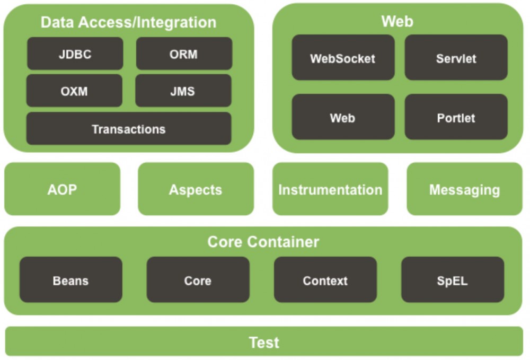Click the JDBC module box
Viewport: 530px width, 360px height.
[75, 54]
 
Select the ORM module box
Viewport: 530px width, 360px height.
[184, 54]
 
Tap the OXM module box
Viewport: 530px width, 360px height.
[74, 91]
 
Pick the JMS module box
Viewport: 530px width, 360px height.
[183, 91]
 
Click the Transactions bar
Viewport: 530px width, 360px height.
[129, 129]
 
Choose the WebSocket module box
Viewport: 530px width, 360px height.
[343, 58]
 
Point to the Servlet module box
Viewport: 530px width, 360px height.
[456, 58]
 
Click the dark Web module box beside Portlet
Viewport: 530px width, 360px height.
[343, 117]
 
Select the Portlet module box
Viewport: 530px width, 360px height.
[456, 117]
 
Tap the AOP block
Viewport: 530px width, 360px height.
[62, 189]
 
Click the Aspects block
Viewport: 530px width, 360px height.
[196, 189]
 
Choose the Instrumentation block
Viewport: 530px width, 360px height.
[330, 189]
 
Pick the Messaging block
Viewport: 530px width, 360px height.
[464, 189]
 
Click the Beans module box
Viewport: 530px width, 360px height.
[70, 280]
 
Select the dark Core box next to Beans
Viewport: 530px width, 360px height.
[198, 280]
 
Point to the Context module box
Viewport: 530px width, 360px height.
[325, 280]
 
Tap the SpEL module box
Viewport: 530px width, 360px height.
[452, 280]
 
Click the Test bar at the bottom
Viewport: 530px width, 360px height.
[264, 342]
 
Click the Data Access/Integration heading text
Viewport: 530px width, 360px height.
[128, 23]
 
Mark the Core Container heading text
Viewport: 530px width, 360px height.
[263, 242]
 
